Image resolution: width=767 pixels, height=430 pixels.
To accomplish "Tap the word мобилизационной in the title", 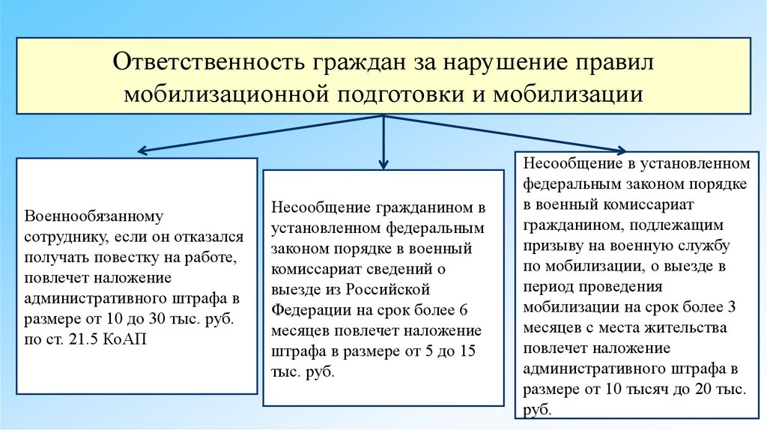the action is tap(227, 95).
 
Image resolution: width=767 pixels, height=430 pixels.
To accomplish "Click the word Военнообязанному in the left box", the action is tap(93, 216).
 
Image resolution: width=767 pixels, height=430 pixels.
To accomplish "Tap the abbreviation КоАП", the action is tap(130, 339).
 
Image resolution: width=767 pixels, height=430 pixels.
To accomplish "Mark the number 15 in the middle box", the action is tap(467, 351).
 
